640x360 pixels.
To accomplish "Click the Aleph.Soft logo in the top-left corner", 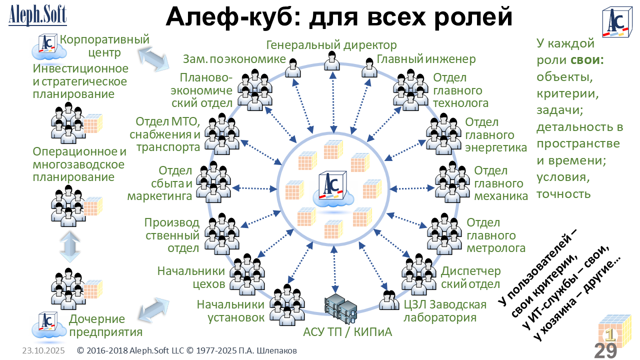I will [x=37, y=15].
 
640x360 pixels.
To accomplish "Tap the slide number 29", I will [x=605, y=350].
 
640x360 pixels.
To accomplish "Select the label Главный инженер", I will [x=426, y=59].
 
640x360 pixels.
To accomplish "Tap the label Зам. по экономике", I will [x=234, y=59].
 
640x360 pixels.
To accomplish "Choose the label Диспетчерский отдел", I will [x=470, y=277].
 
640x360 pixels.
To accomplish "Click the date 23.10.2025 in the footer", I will [x=43, y=351].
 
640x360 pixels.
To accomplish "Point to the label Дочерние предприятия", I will [x=105, y=325].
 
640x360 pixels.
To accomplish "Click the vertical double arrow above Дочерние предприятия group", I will [x=69, y=246].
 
